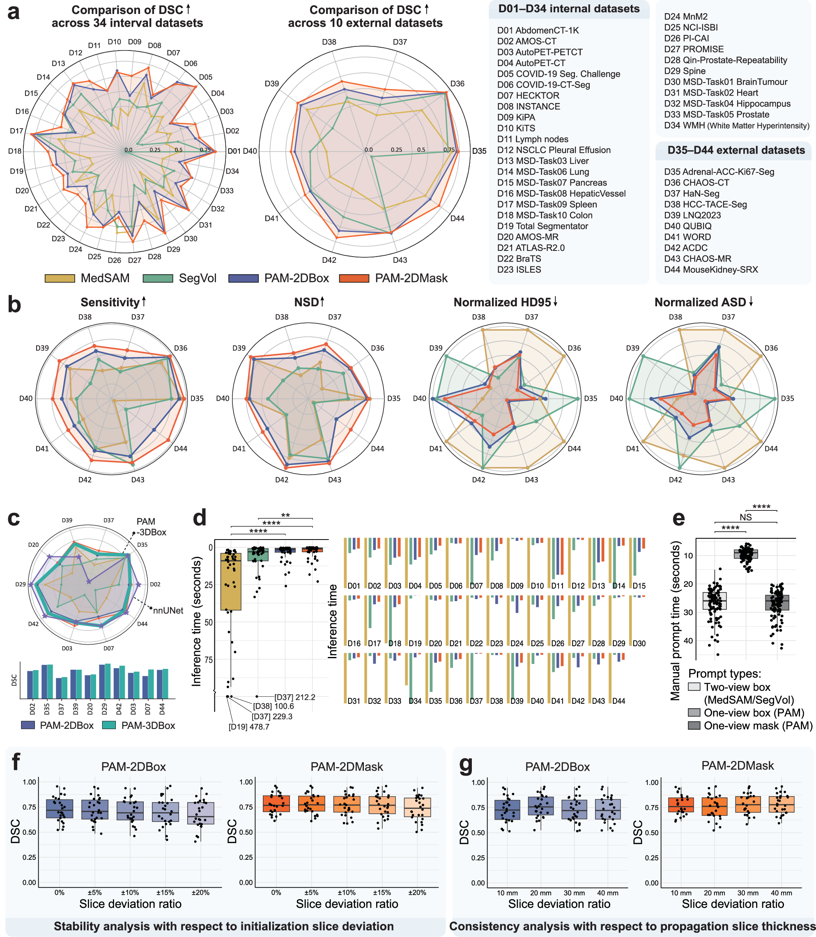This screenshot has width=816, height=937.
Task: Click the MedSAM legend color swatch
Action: coord(60,278)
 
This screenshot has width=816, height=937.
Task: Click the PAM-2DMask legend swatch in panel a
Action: coord(354,278)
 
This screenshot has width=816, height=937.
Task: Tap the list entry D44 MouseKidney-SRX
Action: coord(710,269)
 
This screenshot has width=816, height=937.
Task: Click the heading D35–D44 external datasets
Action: coord(736,150)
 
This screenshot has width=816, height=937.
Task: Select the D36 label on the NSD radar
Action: coord(377,348)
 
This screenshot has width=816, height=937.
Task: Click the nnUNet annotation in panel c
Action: coord(168,611)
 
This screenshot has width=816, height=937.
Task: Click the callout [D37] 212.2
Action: coord(294,697)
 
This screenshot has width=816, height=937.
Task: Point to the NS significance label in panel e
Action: coord(745,517)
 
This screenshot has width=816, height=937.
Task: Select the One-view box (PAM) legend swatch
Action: coord(694,713)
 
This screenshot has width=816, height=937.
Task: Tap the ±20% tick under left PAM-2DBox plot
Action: coord(200,893)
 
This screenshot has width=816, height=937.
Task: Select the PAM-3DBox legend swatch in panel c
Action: coord(110,726)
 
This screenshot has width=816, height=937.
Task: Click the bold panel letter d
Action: coord(200,518)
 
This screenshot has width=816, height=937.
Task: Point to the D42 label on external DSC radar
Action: coord(329,260)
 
